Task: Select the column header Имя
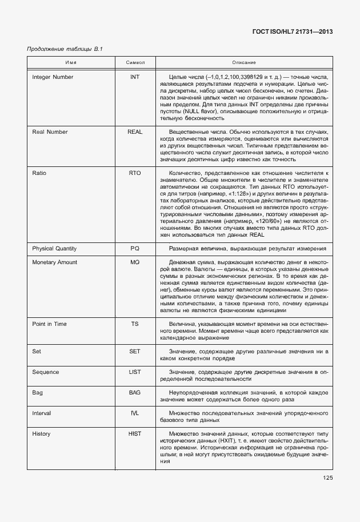click(71, 61)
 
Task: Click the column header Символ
click(135, 61)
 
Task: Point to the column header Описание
click(243, 61)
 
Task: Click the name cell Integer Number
click(53, 77)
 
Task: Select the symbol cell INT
click(135, 77)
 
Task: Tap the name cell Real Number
click(50, 132)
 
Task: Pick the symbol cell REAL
click(135, 132)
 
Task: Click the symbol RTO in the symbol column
click(135, 172)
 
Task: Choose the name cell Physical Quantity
click(54, 249)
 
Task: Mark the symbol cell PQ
click(135, 249)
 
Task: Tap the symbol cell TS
click(135, 324)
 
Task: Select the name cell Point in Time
click(49, 324)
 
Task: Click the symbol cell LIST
click(135, 372)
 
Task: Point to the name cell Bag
click(38, 393)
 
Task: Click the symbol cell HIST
click(135, 434)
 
